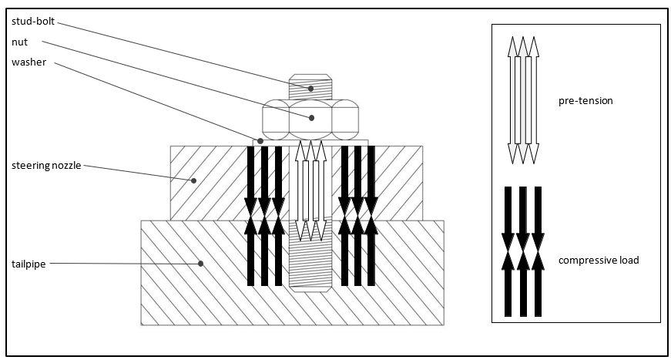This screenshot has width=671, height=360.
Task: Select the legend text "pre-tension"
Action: pos(585,101)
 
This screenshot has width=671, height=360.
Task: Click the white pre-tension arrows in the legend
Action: pos(522,100)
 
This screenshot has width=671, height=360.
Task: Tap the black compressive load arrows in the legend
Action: pos(522,251)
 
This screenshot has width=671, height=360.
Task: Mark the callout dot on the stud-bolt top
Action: pos(311,89)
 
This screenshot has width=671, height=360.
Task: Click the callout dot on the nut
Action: pos(311,118)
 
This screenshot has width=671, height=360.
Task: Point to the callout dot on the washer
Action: pos(261,141)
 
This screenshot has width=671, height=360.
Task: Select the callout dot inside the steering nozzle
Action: pos(193,180)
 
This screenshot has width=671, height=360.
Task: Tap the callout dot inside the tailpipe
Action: pos(201,264)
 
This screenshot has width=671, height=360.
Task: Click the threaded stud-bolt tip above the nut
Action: pos(311,86)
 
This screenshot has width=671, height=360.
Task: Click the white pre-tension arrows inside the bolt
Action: pos(310,190)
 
